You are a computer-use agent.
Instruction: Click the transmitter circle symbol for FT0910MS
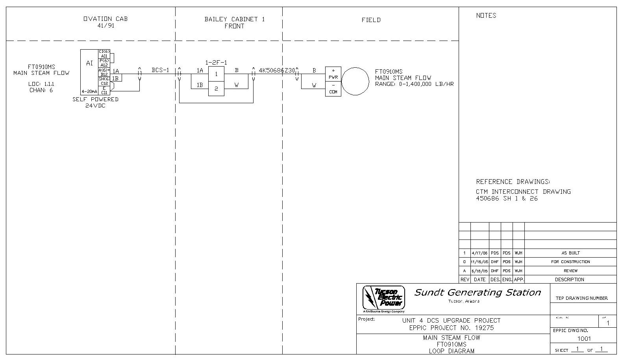[x=355, y=81]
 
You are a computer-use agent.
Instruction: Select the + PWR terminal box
[x=333, y=74]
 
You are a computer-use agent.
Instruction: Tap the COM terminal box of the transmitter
[x=333, y=89]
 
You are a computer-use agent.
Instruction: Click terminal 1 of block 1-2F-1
[x=216, y=74]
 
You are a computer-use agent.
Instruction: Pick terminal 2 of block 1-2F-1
[x=216, y=89]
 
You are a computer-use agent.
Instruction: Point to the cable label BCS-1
[x=160, y=70]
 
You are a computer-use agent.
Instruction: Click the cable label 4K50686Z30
[x=277, y=70]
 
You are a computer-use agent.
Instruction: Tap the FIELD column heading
[x=371, y=20]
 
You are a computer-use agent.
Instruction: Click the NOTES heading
[x=486, y=15]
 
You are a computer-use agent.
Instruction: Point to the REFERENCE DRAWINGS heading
[x=513, y=182]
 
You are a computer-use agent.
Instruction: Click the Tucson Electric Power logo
[x=383, y=298]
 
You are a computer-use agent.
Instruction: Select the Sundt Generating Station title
[x=478, y=292]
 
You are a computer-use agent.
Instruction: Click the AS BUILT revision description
[x=570, y=253]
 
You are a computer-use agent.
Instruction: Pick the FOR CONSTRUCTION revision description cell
[x=570, y=262]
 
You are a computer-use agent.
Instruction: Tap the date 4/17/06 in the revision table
[x=479, y=253]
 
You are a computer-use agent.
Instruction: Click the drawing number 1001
[x=584, y=338]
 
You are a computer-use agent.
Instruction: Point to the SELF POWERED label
[x=95, y=99]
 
